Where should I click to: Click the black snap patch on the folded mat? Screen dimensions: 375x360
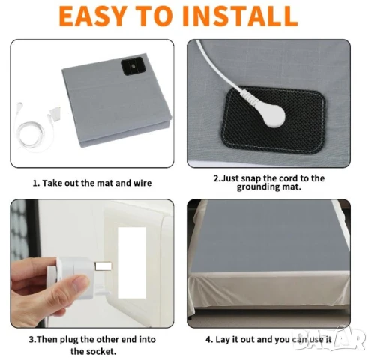pos(132,66)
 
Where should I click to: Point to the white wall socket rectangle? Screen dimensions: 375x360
pos(132,262)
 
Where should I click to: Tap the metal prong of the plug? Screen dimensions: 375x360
pos(103,265)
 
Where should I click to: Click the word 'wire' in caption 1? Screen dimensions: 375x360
pos(142,183)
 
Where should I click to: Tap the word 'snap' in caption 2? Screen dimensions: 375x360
pos(252,179)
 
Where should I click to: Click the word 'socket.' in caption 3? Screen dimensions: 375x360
pos(103,351)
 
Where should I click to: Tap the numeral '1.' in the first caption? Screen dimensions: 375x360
pos(36,183)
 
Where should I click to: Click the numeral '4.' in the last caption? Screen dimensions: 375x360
pos(209,340)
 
